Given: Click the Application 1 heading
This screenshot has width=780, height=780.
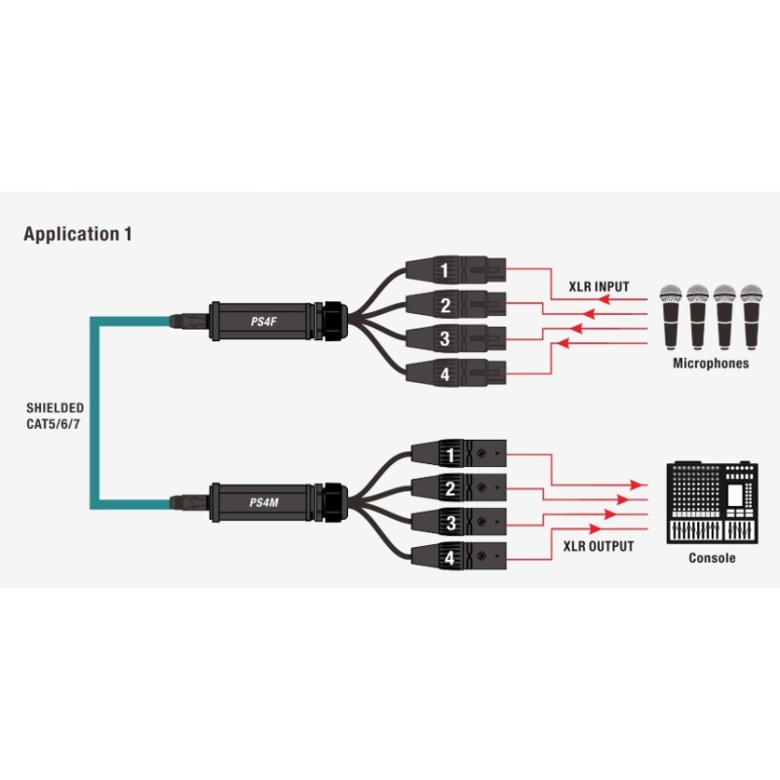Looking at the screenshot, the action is click(78, 234).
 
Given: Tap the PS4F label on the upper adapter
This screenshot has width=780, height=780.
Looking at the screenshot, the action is click(263, 322).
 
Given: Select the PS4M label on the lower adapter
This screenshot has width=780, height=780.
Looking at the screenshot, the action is click(263, 502).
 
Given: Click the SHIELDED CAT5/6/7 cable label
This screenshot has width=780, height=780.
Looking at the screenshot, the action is click(55, 416).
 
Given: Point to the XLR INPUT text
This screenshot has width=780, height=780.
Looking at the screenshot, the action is click(599, 287).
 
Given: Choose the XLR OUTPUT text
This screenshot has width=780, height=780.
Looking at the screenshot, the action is click(599, 546).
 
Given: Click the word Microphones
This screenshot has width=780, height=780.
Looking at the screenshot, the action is click(711, 363).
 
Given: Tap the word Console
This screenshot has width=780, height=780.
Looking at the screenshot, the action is click(712, 558).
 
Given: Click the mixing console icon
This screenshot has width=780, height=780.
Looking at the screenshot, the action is click(713, 503).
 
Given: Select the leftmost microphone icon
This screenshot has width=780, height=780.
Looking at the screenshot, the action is click(671, 317).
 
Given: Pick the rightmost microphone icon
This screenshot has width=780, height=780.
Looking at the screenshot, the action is click(751, 317).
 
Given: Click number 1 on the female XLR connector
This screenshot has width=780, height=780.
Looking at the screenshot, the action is click(445, 270).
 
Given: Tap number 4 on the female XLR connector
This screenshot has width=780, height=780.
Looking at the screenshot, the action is click(445, 373).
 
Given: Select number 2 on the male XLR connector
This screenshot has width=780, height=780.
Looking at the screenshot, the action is click(450, 488).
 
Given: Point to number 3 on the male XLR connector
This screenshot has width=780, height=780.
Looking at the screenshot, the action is click(450, 523).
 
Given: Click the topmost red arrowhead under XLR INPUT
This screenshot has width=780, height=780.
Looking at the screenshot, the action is click(604, 299).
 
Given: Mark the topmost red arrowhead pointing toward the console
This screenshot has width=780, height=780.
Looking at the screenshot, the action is click(636, 485).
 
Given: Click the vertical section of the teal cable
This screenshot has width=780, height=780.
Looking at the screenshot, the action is click(95, 412).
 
